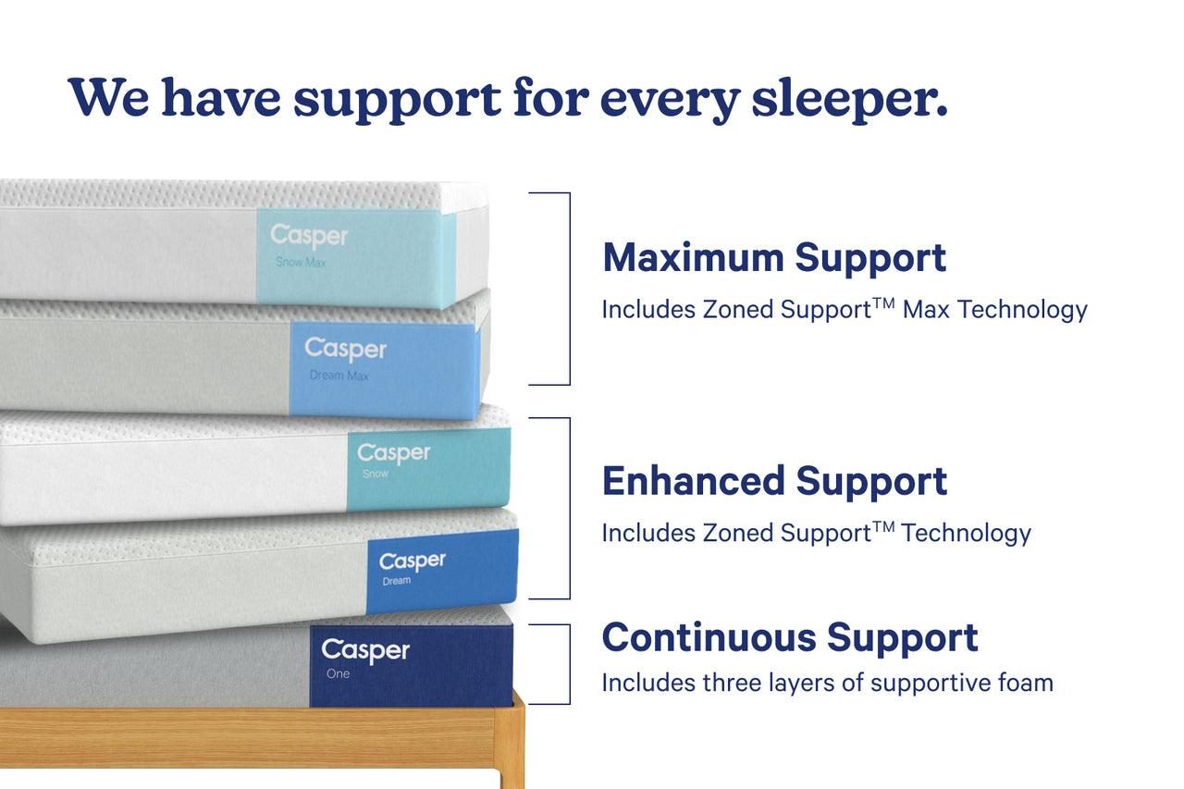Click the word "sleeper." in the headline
tap(850, 100)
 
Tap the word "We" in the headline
tap(108, 97)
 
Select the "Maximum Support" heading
tap(774, 258)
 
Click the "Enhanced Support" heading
tap(774, 481)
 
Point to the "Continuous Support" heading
tap(790, 637)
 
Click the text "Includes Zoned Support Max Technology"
tap(845, 310)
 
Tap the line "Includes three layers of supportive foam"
tap(828, 683)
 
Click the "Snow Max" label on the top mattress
tap(301, 262)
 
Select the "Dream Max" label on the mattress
tap(339, 376)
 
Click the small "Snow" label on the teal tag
tap(376, 474)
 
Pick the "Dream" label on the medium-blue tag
tap(397, 581)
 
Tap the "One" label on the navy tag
tap(338, 673)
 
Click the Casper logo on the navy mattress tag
tap(365, 650)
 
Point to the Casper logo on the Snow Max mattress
tap(309, 236)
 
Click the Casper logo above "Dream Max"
tap(345, 350)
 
